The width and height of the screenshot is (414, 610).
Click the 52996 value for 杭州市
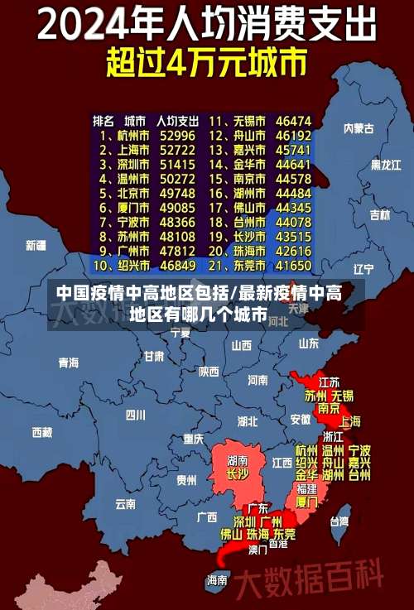point(178,135)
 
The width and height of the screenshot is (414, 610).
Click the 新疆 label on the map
point(36,245)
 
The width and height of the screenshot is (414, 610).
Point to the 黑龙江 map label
point(385,164)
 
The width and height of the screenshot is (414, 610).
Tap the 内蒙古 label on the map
point(359,128)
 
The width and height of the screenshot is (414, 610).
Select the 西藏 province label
point(41,432)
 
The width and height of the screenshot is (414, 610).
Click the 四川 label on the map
point(135,414)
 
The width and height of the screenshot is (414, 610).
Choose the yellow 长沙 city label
point(237,475)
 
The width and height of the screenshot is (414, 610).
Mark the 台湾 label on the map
point(339,521)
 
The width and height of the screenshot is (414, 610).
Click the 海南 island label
point(217,580)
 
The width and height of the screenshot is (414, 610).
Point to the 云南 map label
point(125,503)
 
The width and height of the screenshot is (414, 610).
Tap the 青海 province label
point(68,363)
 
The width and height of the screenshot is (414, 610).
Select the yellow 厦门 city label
point(306,502)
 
